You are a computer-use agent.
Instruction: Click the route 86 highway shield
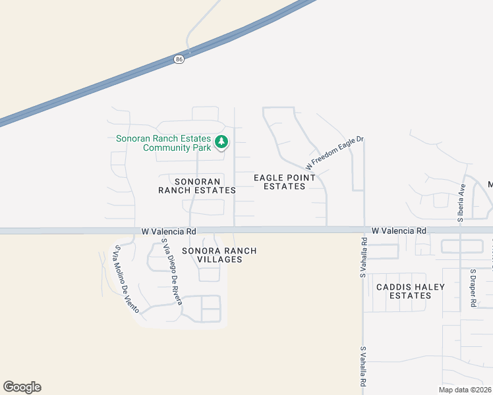(x=179, y=59)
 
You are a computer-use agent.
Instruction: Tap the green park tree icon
(x=222, y=142)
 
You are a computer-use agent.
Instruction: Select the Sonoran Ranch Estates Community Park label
(x=164, y=143)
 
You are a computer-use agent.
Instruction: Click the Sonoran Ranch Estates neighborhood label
(x=196, y=185)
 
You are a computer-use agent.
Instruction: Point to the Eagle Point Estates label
(x=285, y=182)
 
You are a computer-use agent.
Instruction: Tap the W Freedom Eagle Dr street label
(x=335, y=153)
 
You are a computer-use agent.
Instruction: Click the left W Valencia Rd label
(x=169, y=232)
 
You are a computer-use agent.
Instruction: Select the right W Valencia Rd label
(x=399, y=231)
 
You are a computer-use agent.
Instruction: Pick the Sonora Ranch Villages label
(x=219, y=255)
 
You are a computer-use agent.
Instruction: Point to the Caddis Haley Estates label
(x=410, y=291)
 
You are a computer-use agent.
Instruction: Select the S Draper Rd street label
(x=473, y=288)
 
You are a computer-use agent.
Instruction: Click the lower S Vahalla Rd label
(x=362, y=367)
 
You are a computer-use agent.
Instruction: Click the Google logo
(x=22, y=387)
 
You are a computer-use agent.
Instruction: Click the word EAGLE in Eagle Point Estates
(x=269, y=177)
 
